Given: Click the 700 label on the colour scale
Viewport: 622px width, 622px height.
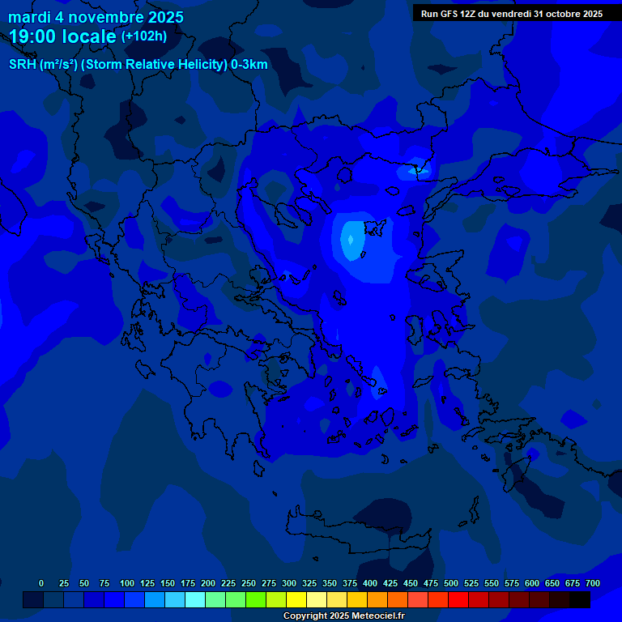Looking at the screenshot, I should coord(592,583).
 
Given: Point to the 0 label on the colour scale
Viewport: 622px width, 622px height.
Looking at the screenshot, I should coord(41,583).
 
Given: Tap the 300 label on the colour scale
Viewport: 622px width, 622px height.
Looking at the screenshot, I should coord(289,583).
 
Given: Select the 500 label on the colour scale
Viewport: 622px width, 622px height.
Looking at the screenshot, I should coord(451,583).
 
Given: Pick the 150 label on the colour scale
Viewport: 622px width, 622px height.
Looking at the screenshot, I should coord(168,583).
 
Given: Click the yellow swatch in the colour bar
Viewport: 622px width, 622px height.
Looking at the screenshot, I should coord(296,599).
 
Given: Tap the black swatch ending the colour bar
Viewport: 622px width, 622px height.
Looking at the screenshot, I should coord(580,599).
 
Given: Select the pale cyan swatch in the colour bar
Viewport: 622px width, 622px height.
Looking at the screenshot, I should coord(195,599).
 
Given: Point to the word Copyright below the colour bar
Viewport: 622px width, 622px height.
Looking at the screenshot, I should coord(305,616).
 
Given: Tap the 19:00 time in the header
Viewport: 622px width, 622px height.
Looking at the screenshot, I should coord(33,36).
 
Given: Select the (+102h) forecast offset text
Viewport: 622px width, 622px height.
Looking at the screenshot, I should coord(144,36).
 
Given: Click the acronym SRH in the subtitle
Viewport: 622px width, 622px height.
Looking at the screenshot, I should coord(22,65).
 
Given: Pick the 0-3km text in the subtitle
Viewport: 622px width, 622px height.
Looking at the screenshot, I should coord(249,65).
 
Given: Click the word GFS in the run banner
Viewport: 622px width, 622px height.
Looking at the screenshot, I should coord(449,14).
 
